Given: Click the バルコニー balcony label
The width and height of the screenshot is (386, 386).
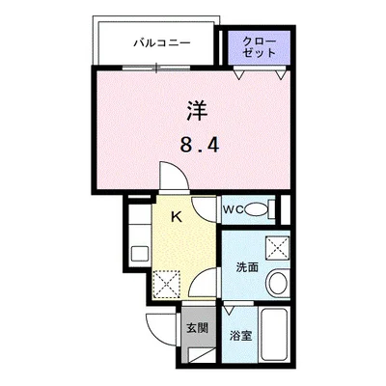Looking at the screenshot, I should pyautogui.click(x=161, y=42).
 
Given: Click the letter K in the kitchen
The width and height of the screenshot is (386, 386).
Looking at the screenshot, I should pyautogui.click(x=178, y=218).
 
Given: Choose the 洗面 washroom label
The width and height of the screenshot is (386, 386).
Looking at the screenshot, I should pyautogui.click(x=246, y=267).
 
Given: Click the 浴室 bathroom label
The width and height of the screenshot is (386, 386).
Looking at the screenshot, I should pyautogui.click(x=240, y=336).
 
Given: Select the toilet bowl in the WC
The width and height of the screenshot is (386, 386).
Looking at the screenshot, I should pyautogui.click(x=256, y=208).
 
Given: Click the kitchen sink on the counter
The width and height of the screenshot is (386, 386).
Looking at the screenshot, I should pyautogui.click(x=139, y=256).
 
